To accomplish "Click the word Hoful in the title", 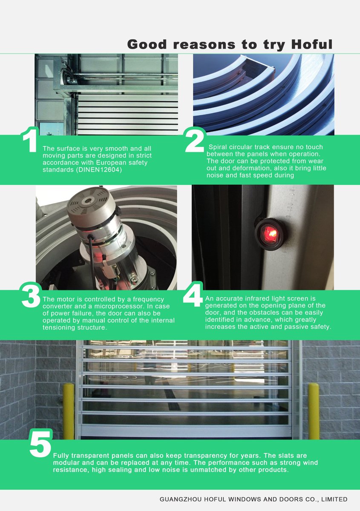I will click(x=309, y=44).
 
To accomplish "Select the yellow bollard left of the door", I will click(x=69, y=411).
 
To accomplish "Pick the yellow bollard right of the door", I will click(x=314, y=411).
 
